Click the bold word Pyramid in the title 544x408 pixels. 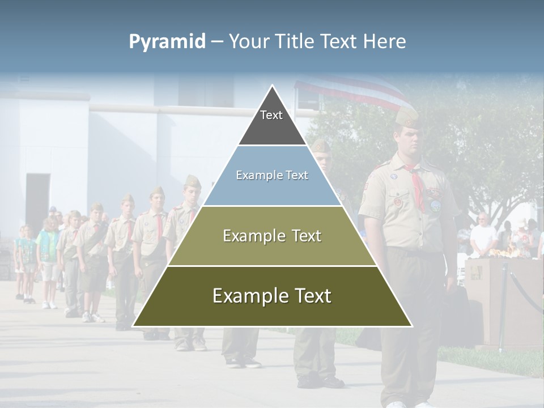point(167,42)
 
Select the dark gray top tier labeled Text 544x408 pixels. point(272,122)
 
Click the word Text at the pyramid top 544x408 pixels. point(271,115)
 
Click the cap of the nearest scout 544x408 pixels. point(407,117)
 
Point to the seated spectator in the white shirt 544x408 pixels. point(483,235)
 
